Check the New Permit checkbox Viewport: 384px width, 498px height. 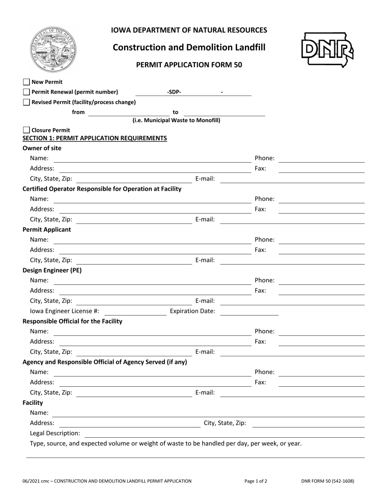pyautogui.click(x=26, y=82)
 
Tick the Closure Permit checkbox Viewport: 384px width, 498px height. pyautogui.click(x=26, y=130)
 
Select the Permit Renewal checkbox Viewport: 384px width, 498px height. pyautogui.click(x=26, y=92)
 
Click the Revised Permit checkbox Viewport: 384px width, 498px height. pyautogui.click(x=26, y=102)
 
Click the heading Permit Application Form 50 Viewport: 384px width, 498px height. pyautogui.click(x=189, y=65)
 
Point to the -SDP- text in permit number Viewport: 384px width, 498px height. pyautogui.click(x=174, y=92)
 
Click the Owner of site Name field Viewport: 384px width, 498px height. pyautogui.click(x=152, y=158)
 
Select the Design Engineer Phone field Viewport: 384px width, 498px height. pyautogui.click(x=322, y=280)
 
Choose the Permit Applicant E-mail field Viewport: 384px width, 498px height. pyautogui.click(x=292, y=260)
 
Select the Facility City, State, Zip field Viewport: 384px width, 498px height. pyautogui.click(x=308, y=423)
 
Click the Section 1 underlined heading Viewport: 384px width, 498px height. pyautogui.click(x=95, y=138)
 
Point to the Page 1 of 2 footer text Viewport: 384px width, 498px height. pyautogui.click(x=256, y=481)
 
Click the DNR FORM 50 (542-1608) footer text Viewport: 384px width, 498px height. pyautogui.click(x=327, y=481)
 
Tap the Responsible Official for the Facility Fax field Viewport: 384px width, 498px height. pyautogui.click(x=322, y=341)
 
